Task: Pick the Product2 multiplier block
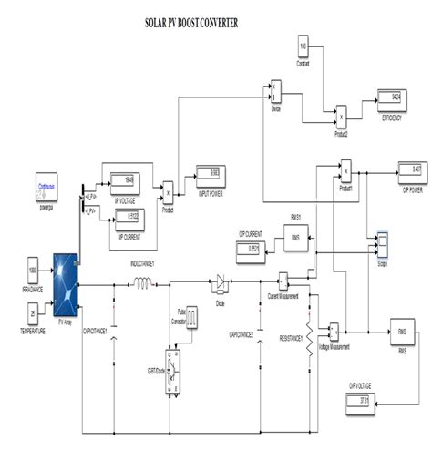tap(341, 117)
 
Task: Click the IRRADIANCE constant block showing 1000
tap(34, 271)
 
